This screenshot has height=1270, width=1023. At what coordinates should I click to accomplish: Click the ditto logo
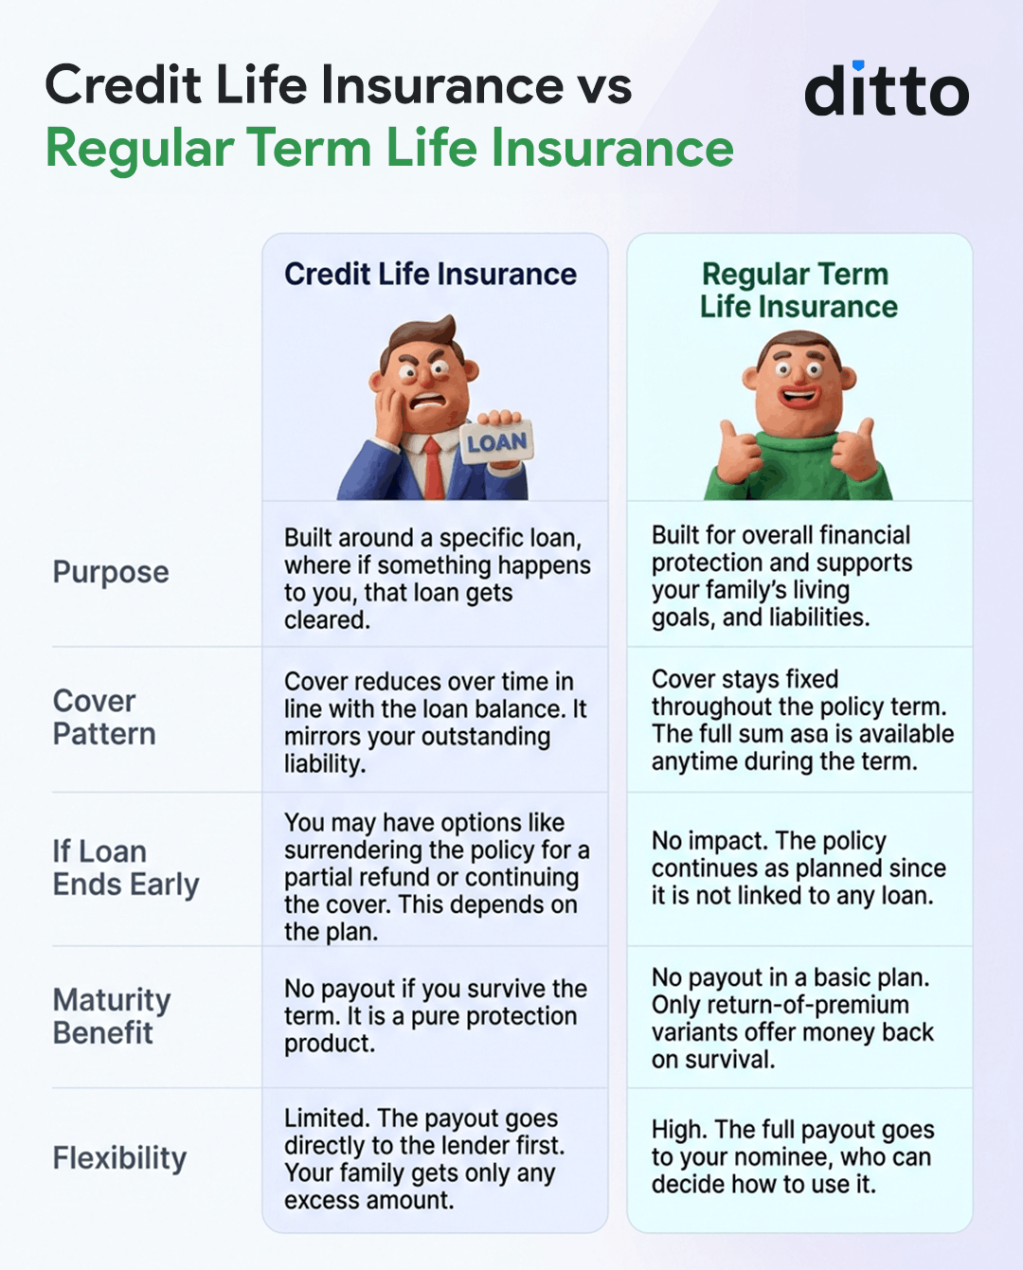[887, 90]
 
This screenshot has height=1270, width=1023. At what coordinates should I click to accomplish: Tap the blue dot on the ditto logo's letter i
[858, 65]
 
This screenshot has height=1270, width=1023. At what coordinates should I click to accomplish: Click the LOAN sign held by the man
[496, 442]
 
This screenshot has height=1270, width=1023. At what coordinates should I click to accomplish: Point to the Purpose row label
[111, 572]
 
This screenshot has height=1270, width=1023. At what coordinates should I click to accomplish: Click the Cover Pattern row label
[104, 717]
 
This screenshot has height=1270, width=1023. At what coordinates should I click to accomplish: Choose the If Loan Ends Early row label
[126, 868]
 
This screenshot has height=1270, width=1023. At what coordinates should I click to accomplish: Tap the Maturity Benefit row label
[112, 1015]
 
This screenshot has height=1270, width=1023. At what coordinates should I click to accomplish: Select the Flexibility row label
[119, 1157]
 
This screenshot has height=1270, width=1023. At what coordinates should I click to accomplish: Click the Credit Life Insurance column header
[430, 275]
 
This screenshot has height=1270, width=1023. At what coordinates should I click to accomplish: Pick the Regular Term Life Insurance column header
[798, 290]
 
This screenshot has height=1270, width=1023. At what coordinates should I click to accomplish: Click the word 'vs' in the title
[604, 85]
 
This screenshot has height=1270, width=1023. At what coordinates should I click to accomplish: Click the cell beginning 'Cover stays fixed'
[801, 720]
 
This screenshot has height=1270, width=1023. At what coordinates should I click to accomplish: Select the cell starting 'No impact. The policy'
[798, 868]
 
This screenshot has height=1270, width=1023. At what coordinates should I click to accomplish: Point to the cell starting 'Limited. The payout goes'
[424, 1158]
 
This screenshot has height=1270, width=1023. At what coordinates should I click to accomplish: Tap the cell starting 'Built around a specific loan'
[436, 578]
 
